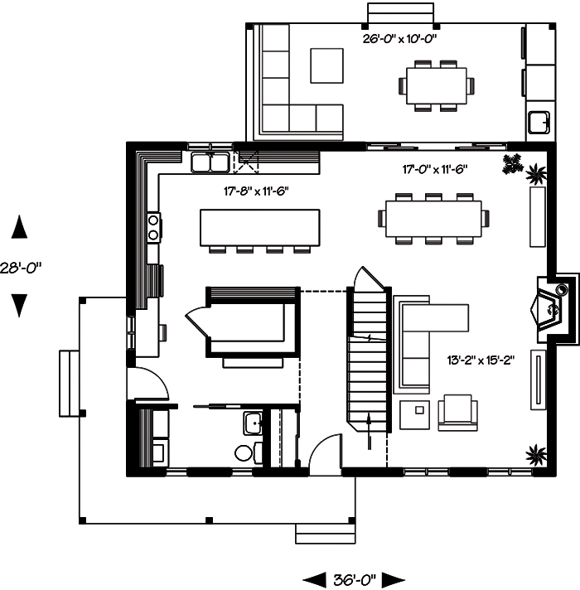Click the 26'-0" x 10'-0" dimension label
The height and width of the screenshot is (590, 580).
[399, 38]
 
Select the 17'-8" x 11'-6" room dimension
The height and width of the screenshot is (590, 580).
[261, 191]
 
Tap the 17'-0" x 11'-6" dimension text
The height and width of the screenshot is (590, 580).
[435, 170]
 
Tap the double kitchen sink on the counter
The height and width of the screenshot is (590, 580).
[210, 162]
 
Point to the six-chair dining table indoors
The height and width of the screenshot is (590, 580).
[432, 218]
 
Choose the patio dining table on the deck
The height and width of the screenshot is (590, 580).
[437, 85]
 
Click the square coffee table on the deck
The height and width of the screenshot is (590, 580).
[326, 65]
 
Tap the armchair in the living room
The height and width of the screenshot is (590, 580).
[458, 411]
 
